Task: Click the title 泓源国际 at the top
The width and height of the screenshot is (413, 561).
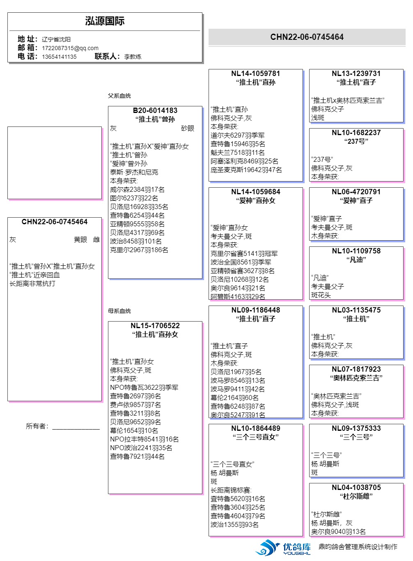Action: [x=105, y=21]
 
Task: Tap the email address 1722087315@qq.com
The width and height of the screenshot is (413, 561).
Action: [x=70, y=48]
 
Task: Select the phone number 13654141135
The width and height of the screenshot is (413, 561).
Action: [x=59, y=57]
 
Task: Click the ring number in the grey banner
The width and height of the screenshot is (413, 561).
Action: [x=307, y=37]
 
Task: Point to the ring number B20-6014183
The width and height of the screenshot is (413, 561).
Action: [x=155, y=110]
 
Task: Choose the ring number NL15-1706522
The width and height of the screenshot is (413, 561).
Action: [x=155, y=326]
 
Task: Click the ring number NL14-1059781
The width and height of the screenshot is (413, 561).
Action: [x=255, y=74]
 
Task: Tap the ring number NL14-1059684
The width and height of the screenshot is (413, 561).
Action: [x=255, y=192]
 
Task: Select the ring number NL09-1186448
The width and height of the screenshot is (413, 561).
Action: [x=255, y=310]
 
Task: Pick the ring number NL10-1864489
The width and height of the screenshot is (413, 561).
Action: [x=255, y=428]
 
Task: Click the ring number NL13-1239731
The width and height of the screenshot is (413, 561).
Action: [x=356, y=74]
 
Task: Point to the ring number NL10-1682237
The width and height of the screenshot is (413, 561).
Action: [x=356, y=133]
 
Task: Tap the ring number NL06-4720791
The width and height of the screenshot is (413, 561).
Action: [x=356, y=192]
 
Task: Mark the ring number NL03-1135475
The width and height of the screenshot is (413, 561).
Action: [x=356, y=310]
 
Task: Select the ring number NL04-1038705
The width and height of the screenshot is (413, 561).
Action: [x=356, y=487]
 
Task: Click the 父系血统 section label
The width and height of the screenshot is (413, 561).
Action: [x=119, y=96]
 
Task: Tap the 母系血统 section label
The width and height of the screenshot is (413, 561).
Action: [x=119, y=311]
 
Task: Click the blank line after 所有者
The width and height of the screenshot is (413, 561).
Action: [x=76, y=427]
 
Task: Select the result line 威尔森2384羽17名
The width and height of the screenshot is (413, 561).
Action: [x=137, y=189]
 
